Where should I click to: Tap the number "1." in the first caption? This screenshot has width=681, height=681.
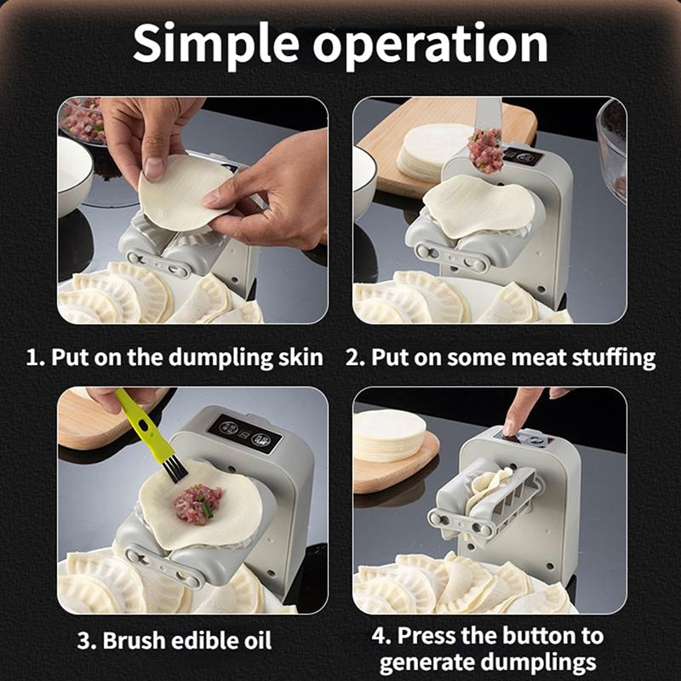36,357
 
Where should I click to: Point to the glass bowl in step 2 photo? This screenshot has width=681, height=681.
613,145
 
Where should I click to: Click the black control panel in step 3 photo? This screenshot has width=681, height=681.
245,432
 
